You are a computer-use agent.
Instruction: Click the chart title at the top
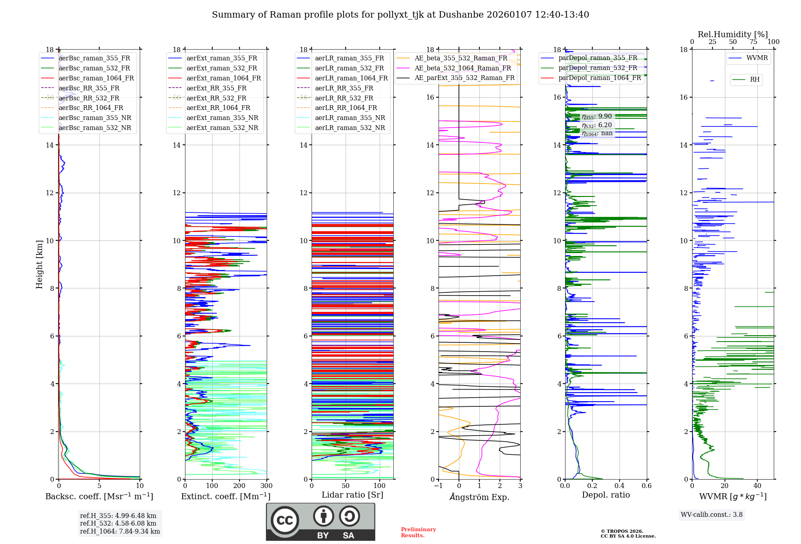click(400, 15)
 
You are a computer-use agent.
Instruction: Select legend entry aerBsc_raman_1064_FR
click(96, 78)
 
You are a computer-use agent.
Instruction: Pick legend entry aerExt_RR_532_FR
click(216, 98)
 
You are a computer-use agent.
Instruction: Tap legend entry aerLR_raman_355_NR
click(350, 118)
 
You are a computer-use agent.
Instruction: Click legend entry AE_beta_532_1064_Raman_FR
click(463, 68)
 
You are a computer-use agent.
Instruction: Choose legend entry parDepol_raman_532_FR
click(598, 68)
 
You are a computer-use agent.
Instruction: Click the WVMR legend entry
click(757, 58)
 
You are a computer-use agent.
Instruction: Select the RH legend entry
click(755, 79)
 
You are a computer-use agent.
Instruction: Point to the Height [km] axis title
click(39, 264)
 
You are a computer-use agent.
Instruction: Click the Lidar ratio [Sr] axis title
click(352, 495)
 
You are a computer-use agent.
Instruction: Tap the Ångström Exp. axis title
click(479, 497)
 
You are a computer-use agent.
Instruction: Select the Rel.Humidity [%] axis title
click(733, 34)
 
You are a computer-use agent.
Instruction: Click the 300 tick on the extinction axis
click(266, 486)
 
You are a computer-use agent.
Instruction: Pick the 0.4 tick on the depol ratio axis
click(619, 486)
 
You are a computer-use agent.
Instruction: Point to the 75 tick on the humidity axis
click(753, 42)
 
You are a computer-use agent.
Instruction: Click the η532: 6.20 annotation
click(597, 125)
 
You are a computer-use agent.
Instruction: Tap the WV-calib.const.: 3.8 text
click(712, 515)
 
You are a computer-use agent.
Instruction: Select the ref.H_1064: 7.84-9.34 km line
click(120, 531)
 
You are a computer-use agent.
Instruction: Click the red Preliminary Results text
click(418, 532)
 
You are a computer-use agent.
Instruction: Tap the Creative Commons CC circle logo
click(285, 520)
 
